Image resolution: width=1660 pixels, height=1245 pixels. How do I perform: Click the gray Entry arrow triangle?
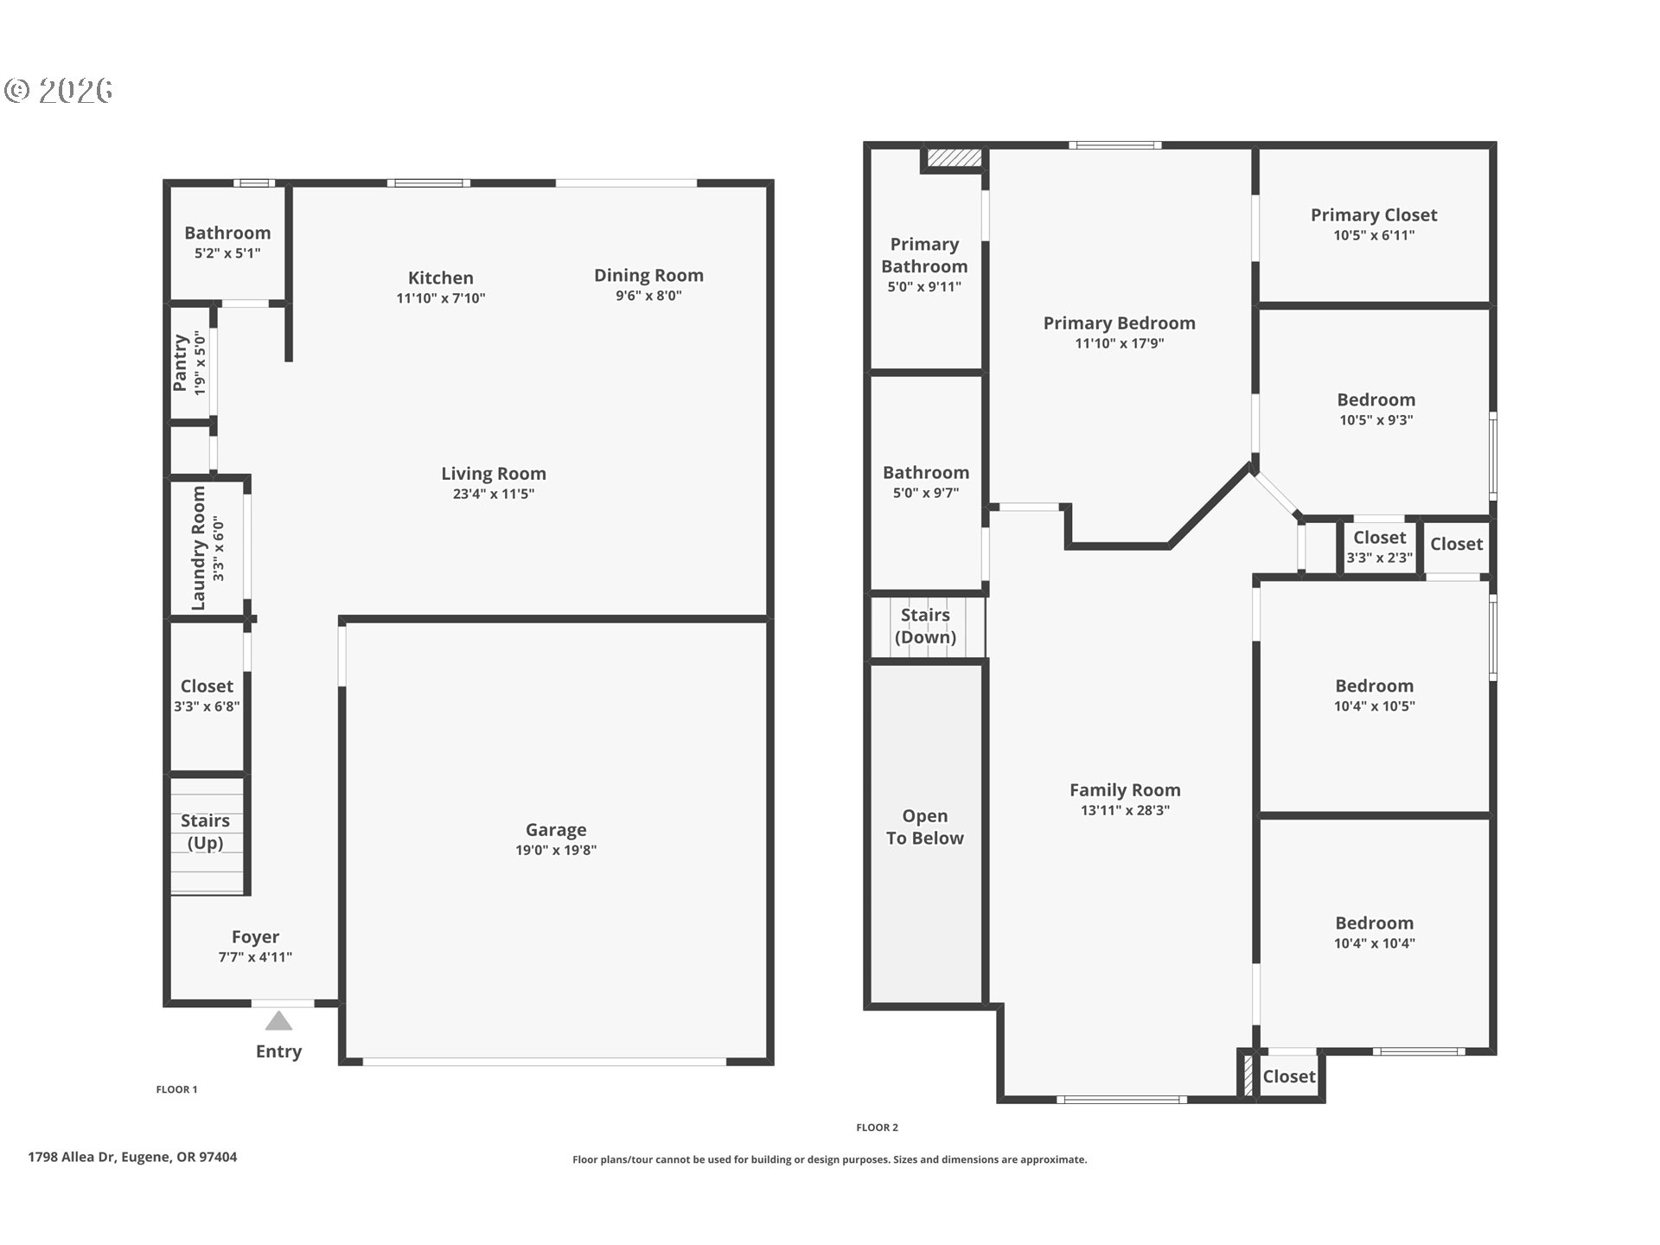[x=278, y=1021]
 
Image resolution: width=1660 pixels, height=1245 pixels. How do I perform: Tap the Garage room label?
[x=556, y=830]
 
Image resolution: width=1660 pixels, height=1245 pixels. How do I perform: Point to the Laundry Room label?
[x=199, y=548]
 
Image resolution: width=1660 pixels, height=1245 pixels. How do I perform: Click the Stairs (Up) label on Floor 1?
[x=206, y=832]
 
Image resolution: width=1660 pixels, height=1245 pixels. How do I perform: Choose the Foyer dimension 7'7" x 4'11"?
[x=255, y=957]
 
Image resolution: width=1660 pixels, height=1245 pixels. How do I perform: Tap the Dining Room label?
[x=648, y=276]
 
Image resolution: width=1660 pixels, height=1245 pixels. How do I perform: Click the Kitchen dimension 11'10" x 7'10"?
[x=441, y=298]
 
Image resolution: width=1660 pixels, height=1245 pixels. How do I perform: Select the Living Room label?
[x=494, y=474]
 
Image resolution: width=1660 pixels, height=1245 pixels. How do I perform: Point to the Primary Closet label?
[x=1374, y=215]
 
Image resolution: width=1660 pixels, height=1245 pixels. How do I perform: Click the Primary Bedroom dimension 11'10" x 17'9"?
[x=1120, y=343]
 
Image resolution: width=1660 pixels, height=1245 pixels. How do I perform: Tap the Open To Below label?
[x=925, y=827]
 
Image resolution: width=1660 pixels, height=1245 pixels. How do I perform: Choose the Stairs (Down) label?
[x=925, y=626]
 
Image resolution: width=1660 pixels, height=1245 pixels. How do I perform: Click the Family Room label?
[x=1125, y=790]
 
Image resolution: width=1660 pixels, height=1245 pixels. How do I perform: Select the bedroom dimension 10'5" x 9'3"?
[x=1376, y=420]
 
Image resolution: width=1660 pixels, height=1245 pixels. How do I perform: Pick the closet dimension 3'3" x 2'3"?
[x=1380, y=558]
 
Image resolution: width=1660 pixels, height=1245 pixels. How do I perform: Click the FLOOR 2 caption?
[x=878, y=1127]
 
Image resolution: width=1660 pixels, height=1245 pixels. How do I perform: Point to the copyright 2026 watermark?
[x=59, y=90]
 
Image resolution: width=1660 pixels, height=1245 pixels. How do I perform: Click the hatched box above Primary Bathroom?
[x=954, y=158]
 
